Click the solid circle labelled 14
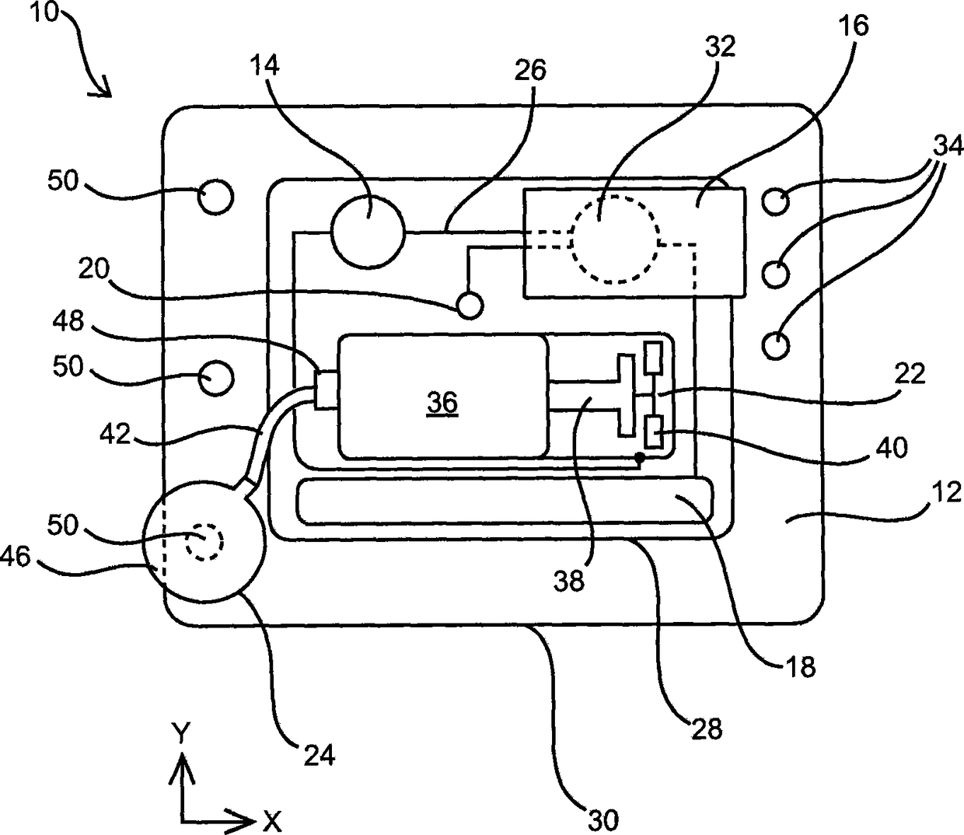368,231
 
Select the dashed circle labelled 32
615,239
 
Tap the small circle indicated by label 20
470,303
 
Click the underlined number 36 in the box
442,403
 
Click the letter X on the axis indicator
271,820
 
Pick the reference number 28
705,728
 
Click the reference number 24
318,753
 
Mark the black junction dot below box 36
639,457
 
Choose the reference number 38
570,580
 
